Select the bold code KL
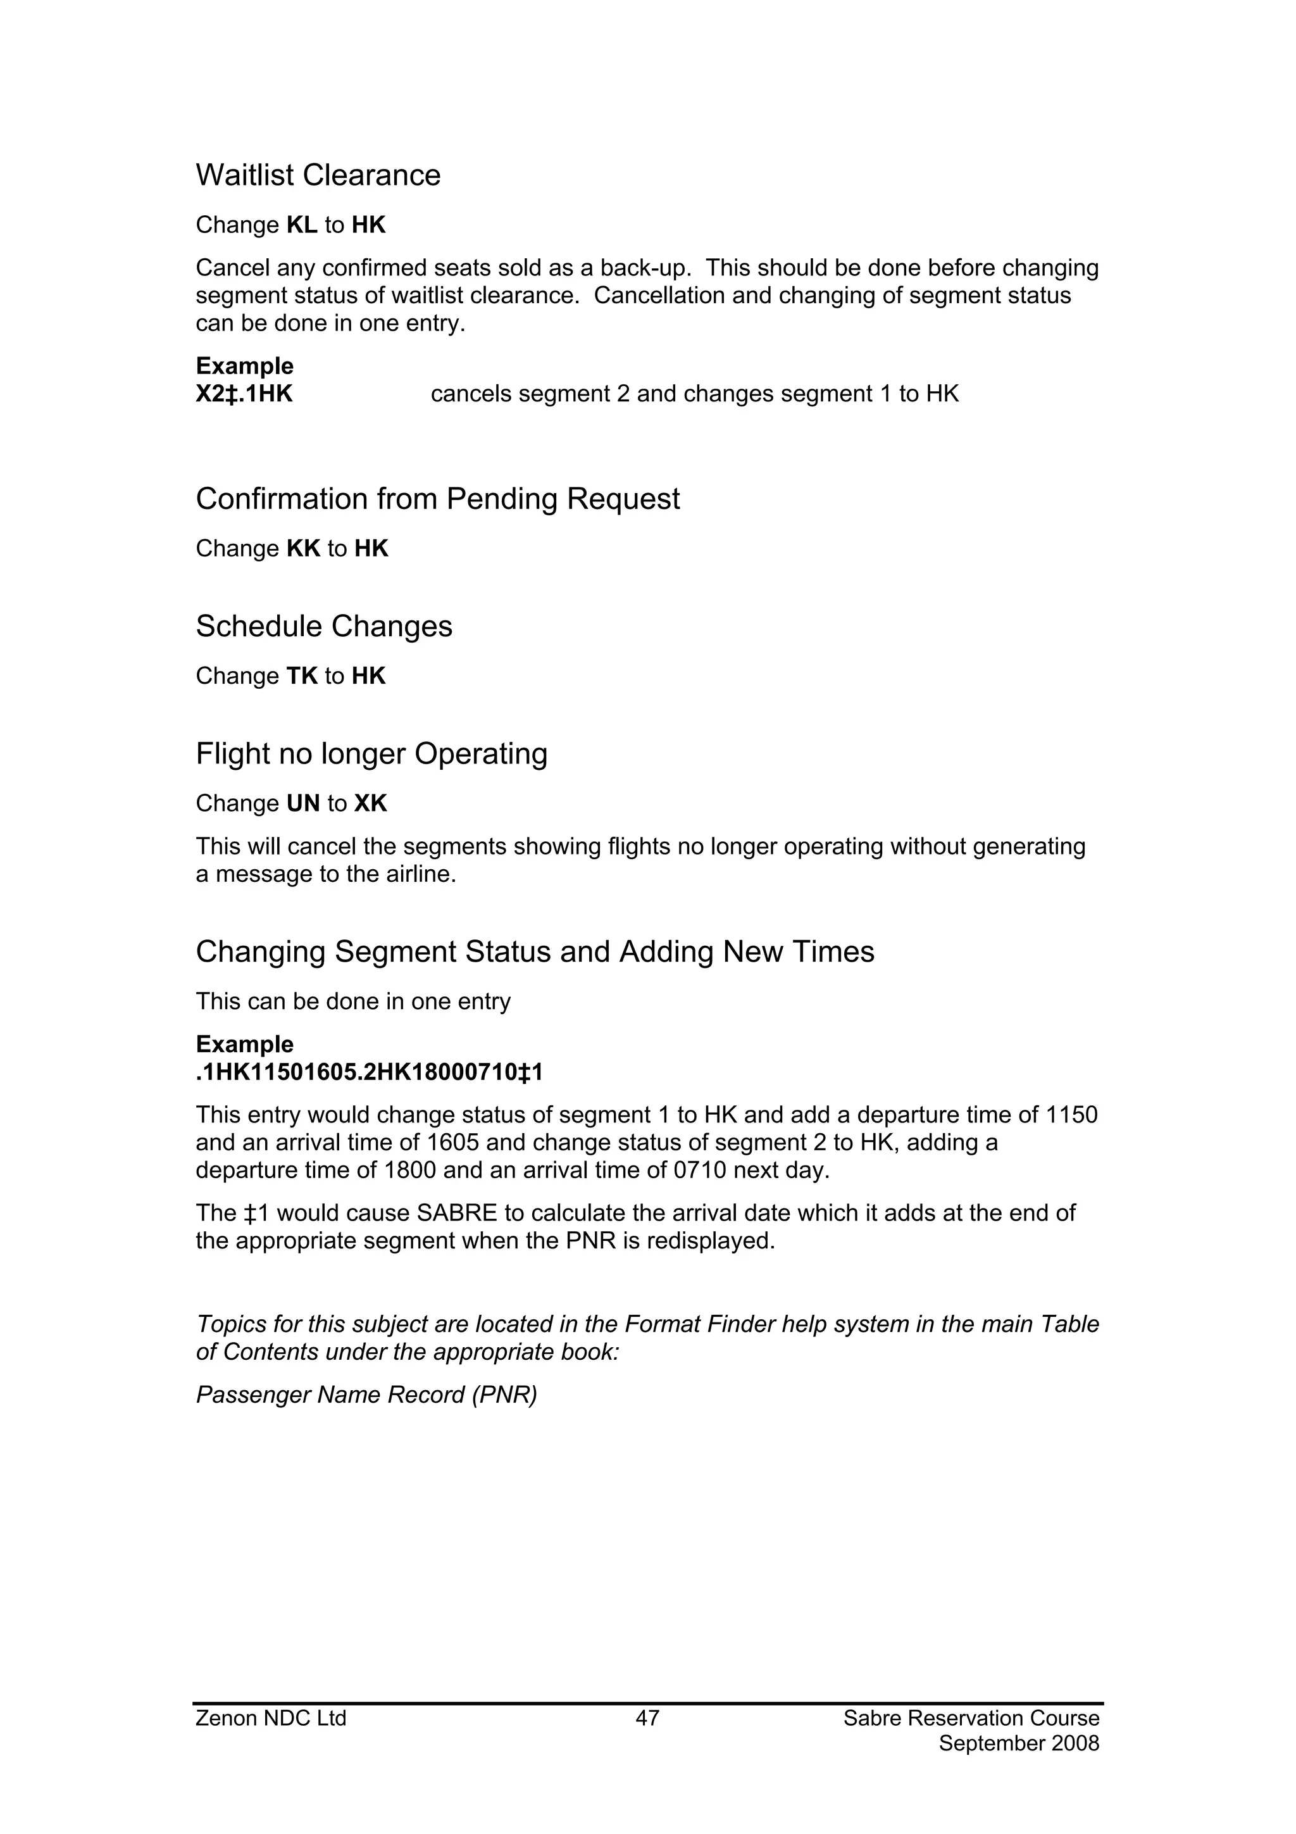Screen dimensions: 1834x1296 tap(302, 226)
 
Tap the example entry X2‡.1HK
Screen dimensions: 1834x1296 tap(244, 394)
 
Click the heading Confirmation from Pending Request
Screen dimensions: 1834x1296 tap(437, 499)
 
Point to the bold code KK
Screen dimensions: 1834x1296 tap(304, 549)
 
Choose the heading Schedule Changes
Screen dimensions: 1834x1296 tap(323, 627)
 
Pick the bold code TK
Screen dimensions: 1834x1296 tap(302, 677)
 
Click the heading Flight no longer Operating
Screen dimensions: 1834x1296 tap(371, 754)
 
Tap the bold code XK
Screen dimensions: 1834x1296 tap(371, 803)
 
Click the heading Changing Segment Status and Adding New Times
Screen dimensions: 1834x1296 tap(535, 952)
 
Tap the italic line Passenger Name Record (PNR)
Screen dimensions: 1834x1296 tap(366, 1395)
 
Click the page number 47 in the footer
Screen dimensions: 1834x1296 tap(647, 1718)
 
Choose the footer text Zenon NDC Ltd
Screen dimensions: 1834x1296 tap(271, 1718)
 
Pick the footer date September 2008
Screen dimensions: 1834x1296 tap(1019, 1743)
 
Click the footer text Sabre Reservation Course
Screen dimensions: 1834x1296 tap(971, 1718)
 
